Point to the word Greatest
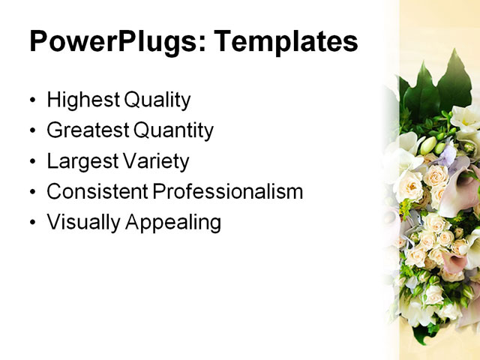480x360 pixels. (87, 130)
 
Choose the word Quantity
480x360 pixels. (173, 130)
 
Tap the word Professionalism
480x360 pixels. (228, 192)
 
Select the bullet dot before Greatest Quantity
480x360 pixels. (32, 132)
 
